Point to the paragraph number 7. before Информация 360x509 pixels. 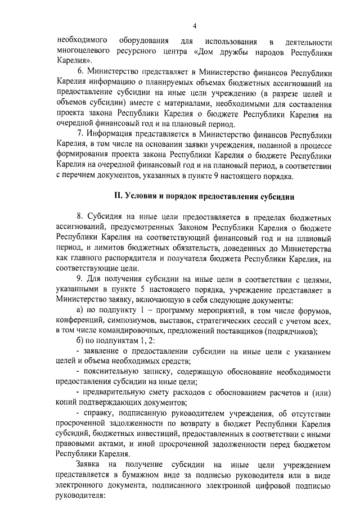tap(81, 135)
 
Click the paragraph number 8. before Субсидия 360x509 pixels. tap(81, 217)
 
